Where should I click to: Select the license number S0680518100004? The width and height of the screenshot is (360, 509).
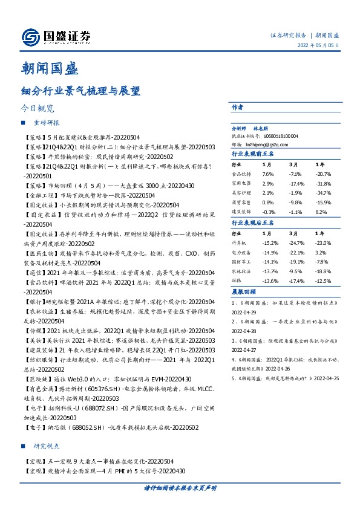pyautogui.click(x=276, y=137)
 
